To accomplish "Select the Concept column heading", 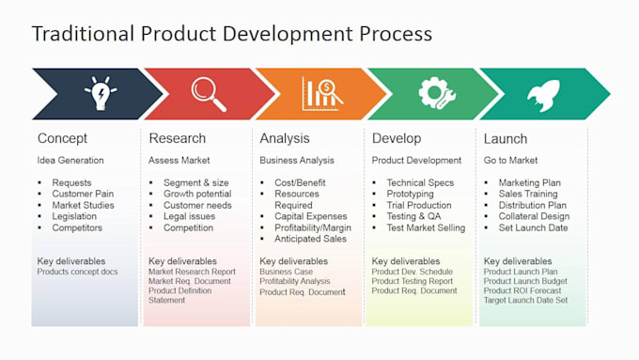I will (x=62, y=139).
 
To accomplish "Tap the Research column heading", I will (x=177, y=139).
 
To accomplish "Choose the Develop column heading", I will (x=397, y=139).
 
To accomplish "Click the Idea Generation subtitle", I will (x=70, y=161).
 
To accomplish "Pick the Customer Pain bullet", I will (x=84, y=195).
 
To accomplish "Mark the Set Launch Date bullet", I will (x=533, y=227).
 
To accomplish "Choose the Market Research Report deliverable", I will (x=192, y=272).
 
